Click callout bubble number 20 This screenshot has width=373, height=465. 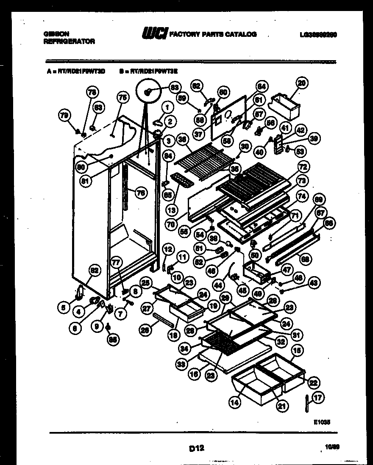[x=301, y=83]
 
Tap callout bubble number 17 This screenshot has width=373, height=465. [x=318, y=398]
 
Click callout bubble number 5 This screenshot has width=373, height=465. [x=63, y=308]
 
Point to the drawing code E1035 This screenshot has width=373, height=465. [x=322, y=422]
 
